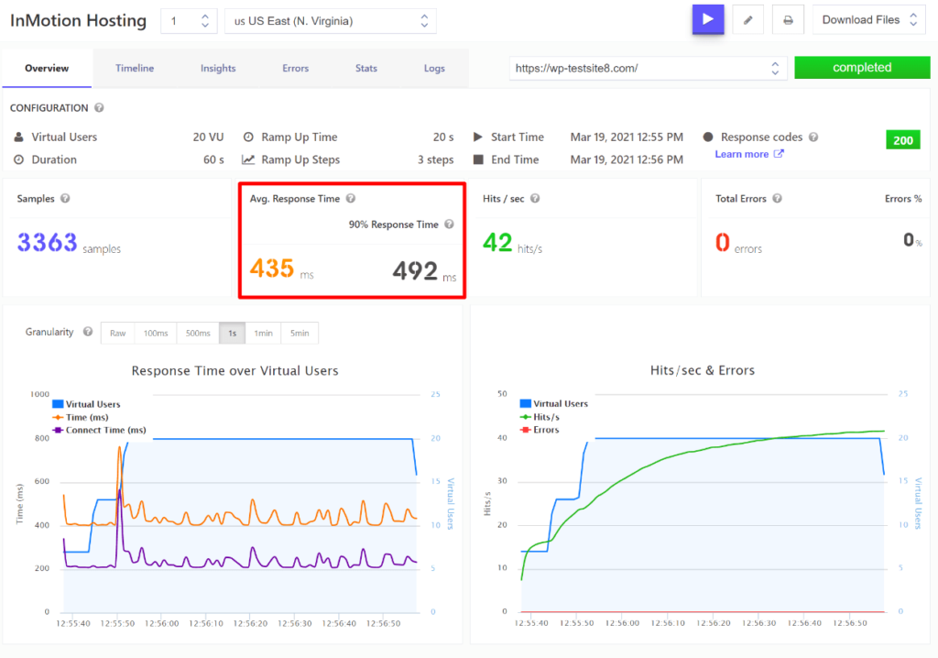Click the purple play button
(x=708, y=19)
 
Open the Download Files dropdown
(x=868, y=20)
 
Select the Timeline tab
(x=135, y=69)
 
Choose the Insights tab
(x=218, y=69)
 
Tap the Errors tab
(x=296, y=69)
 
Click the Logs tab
(x=434, y=69)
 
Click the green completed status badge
(x=861, y=68)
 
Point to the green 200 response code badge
(x=903, y=140)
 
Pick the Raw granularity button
(x=118, y=334)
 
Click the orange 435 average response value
(x=272, y=269)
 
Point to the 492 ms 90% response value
(x=415, y=270)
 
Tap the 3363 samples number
(x=47, y=243)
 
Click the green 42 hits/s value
(x=497, y=242)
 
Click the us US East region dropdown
(x=330, y=21)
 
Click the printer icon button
(x=787, y=20)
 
